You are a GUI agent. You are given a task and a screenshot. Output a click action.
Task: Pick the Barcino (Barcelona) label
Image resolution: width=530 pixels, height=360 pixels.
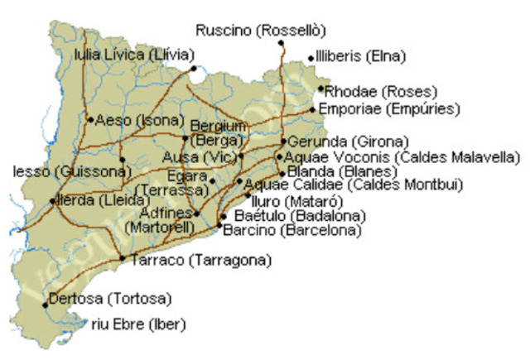291,231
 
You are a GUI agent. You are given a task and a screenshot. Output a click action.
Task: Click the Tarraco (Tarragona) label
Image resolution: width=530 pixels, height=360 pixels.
200,261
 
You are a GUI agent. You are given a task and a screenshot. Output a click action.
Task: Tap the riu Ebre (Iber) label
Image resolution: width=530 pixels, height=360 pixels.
138,324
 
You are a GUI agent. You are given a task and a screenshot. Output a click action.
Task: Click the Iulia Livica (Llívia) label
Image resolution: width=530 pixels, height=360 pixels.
135,55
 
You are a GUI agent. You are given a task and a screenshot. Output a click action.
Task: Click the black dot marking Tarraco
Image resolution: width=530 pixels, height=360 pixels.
123,259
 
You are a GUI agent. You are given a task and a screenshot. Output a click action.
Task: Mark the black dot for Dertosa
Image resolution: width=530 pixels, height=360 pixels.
46,305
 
